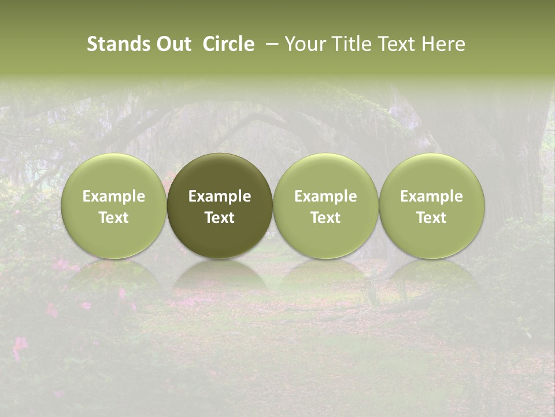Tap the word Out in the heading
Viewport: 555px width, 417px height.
point(172,44)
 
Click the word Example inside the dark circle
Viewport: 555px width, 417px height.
point(220,196)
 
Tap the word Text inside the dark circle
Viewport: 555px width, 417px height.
point(220,218)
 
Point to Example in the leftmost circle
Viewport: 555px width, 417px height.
point(114,196)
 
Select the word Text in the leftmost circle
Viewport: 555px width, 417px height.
point(114,218)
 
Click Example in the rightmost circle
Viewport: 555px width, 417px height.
point(432,196)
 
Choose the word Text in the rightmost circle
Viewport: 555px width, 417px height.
point(432,218)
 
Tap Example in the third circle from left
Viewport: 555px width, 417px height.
point(325,196)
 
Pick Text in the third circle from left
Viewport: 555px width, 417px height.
point(325,218)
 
